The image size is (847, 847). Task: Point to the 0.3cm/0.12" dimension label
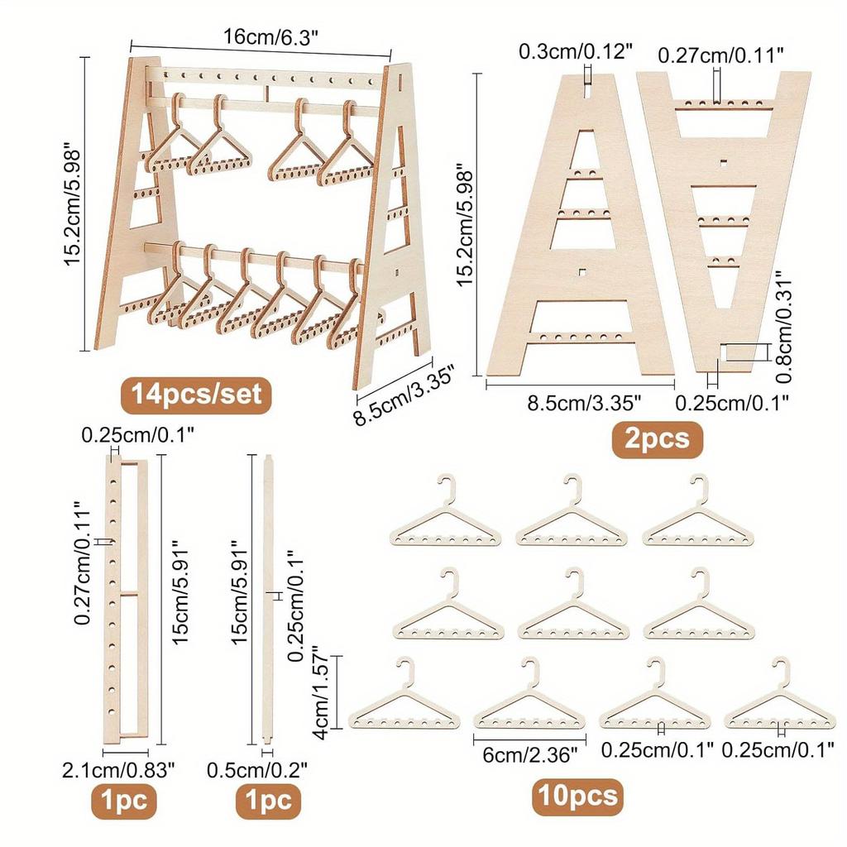pyautogui.click(x=576, y=51)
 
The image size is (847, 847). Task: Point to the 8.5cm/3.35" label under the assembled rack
pyautogui.click(x=395, y=393)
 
